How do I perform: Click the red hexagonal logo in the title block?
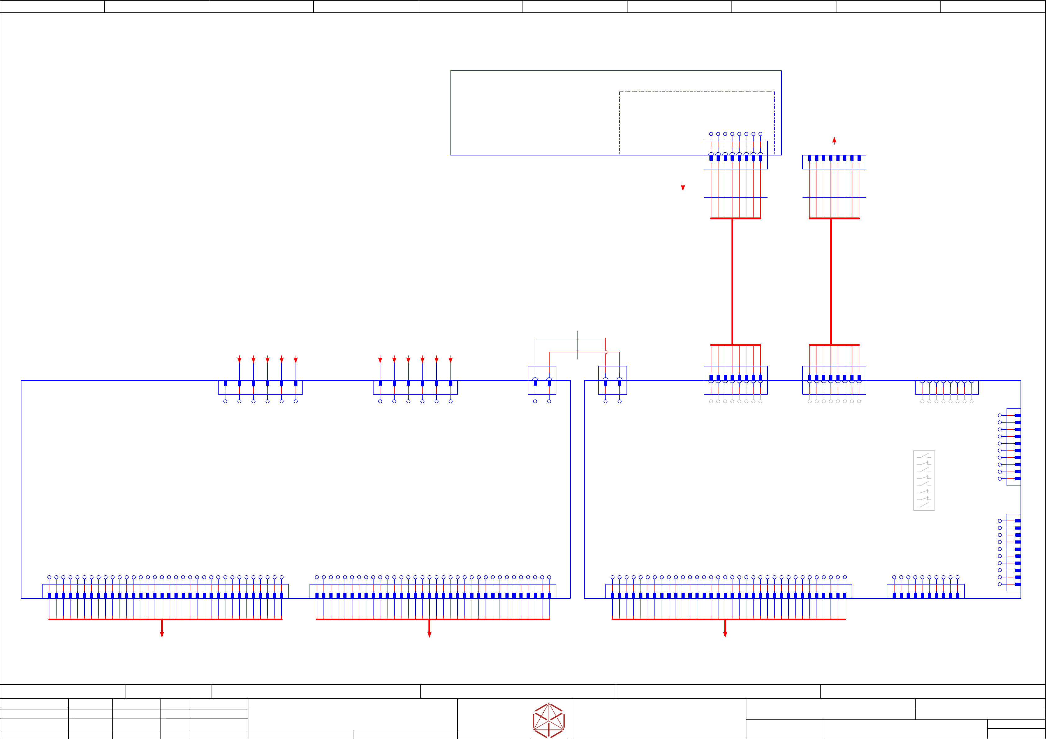[549, 720]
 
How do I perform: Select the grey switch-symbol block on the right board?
[924, 480]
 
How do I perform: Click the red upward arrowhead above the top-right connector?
[834, 140]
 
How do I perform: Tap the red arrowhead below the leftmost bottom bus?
[162, 634]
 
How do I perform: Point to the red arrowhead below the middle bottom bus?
[429, 634]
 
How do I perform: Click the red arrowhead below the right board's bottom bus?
[725, 634]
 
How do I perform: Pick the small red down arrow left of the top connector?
[683, 187]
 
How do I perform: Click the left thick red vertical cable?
[732, 281]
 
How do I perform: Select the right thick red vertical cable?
[831, 281]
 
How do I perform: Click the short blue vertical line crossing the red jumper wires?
[577, 345]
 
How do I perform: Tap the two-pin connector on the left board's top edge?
[542, 380]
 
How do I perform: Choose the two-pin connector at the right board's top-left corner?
[612, 380]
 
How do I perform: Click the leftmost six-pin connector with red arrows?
[260, 387]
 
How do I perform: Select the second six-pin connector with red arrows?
[415, 387]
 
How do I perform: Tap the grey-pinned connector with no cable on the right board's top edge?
[947, 387]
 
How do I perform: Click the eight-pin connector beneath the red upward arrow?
[834, 162]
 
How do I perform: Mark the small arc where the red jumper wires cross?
[606, 352]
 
